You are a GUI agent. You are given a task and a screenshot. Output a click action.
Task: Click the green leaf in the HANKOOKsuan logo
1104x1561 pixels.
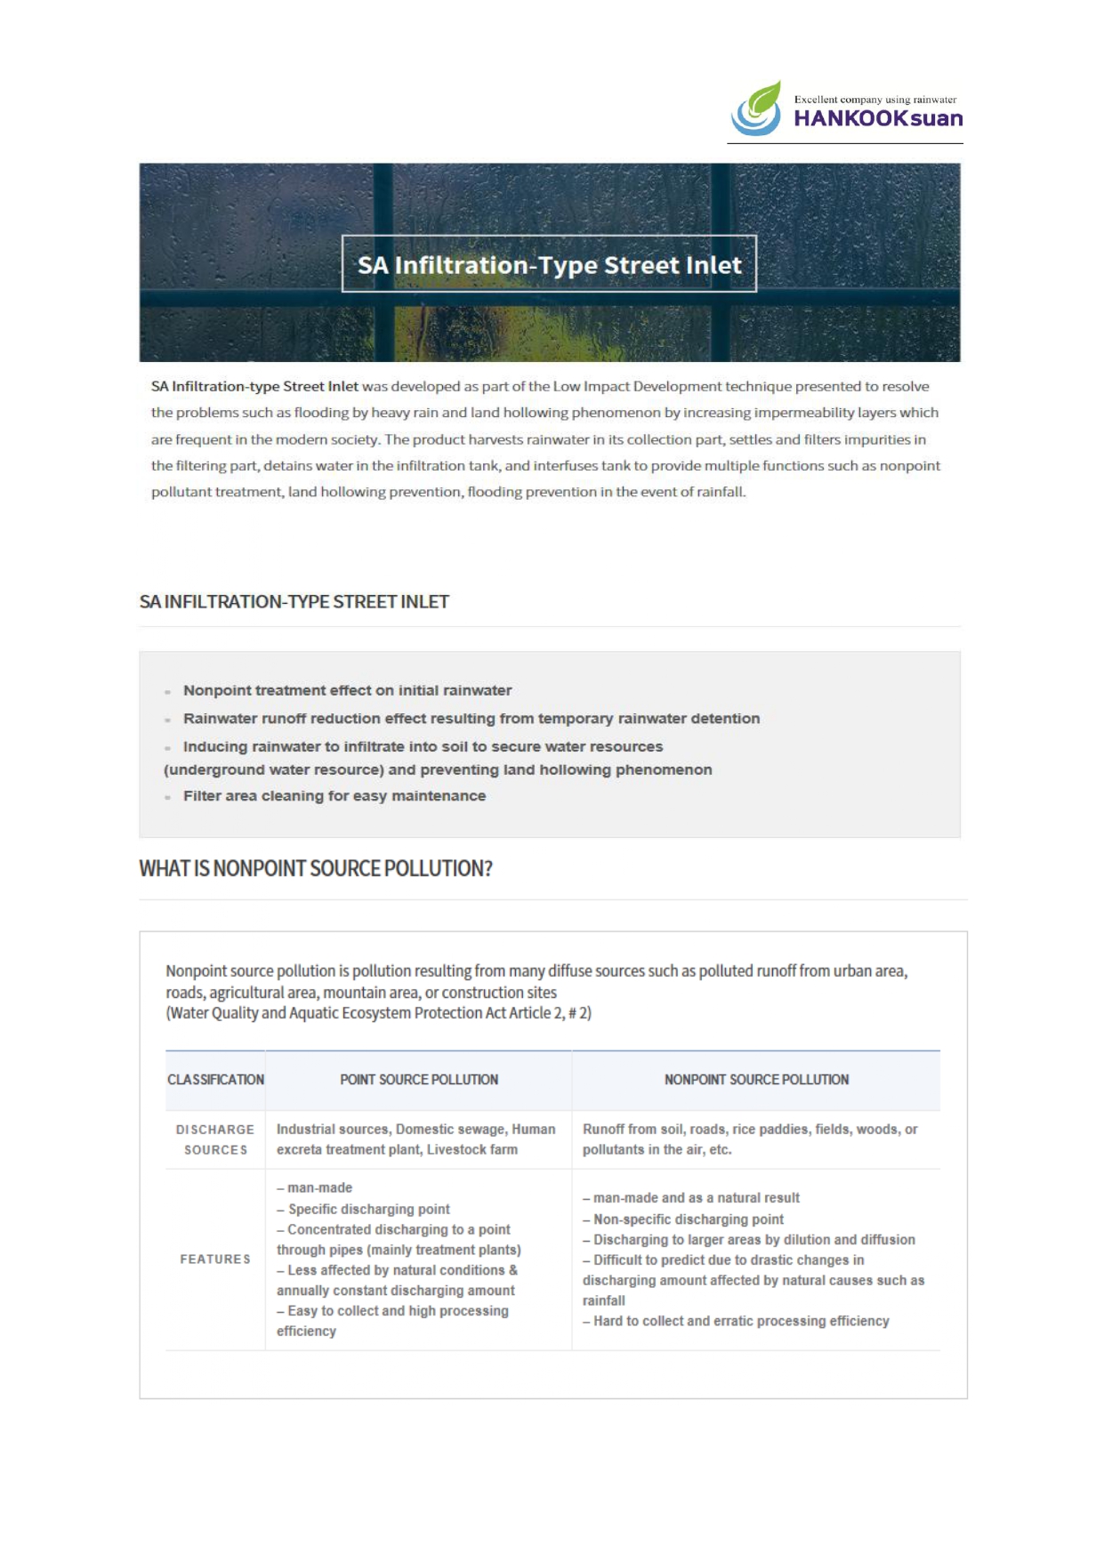[763, 100]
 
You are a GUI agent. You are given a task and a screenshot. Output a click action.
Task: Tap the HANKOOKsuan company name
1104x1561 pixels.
[877, 118]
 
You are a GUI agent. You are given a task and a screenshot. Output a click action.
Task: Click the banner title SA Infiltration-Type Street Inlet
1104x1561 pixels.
[549, 265]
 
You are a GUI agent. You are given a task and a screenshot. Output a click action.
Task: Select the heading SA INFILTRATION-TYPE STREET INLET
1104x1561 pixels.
[294, 602]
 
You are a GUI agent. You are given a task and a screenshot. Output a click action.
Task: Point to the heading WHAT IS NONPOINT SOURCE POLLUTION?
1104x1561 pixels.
[316, 868]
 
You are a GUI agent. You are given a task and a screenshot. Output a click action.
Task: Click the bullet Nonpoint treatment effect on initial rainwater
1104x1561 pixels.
[347, 690]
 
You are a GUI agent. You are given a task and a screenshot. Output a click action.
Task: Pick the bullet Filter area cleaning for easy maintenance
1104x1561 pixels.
[334, 796]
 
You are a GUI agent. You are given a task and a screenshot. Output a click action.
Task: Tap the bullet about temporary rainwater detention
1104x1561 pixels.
[471, 719]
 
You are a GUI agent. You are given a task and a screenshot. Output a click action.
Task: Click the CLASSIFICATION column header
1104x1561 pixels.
[215, 1080]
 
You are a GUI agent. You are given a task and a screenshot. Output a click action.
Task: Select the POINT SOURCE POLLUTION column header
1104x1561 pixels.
[419, 1080]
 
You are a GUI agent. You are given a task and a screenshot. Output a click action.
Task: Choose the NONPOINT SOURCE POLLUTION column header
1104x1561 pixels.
[756, 1080]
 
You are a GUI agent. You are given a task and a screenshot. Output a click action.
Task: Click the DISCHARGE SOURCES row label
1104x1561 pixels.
[215, 1139]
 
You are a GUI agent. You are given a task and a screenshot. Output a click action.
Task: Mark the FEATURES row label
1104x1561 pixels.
[215, 1259]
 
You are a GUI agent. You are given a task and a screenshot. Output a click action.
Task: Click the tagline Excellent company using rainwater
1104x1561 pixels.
[875, 100]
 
